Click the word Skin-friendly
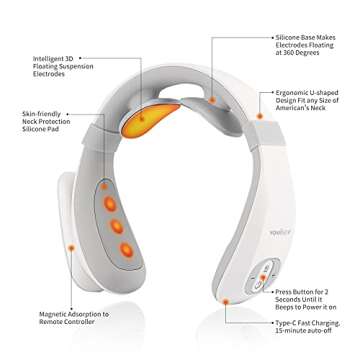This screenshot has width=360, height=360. [x=42, y=129]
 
